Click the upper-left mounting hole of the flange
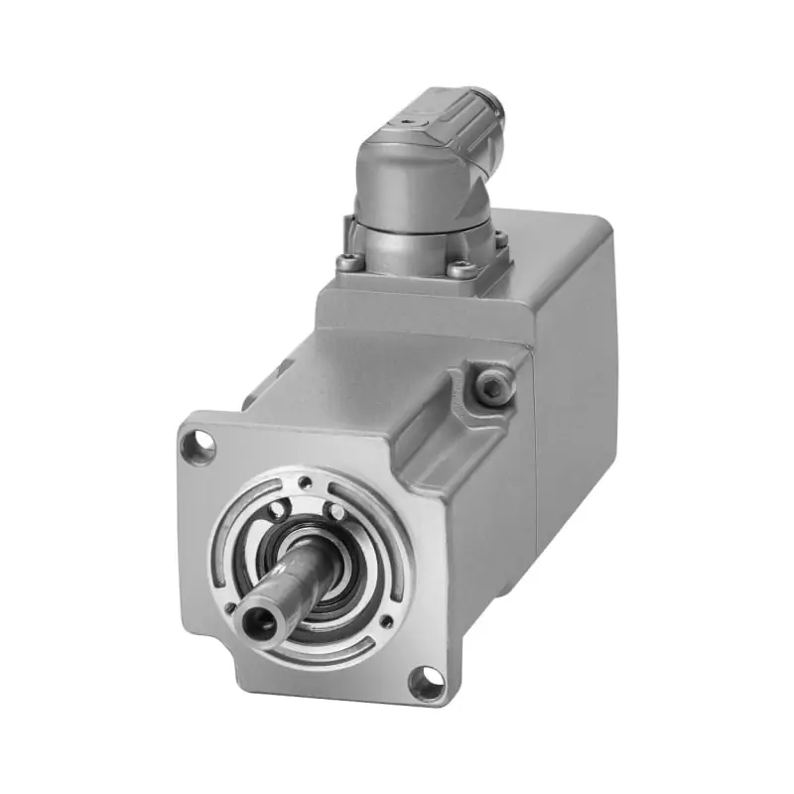[x=199, y=447]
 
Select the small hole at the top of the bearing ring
[x=305, y=482]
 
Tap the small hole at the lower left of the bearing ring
[x=230, y=606]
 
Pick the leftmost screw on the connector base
[x=346, y=263]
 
